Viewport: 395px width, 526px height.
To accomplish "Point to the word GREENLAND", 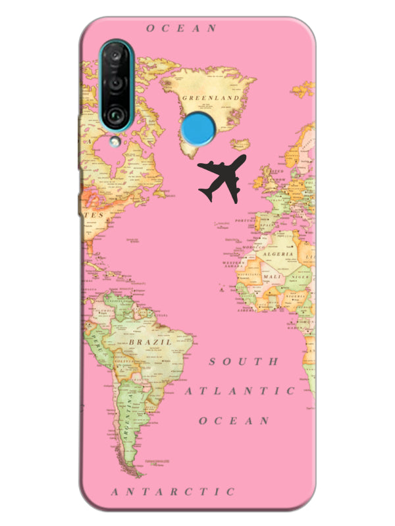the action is (209, 97).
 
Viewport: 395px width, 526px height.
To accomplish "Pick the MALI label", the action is (271, 277).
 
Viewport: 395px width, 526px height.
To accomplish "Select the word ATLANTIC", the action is (240, 391).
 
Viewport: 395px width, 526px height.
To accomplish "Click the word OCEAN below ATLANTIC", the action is (234, 420).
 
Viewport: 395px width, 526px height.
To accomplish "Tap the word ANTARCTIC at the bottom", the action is (173, 491).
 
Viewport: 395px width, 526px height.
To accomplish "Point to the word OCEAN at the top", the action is (181, 28).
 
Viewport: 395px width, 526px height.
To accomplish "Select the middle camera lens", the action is (116, 84).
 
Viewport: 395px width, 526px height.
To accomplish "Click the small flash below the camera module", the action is (116, 140).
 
